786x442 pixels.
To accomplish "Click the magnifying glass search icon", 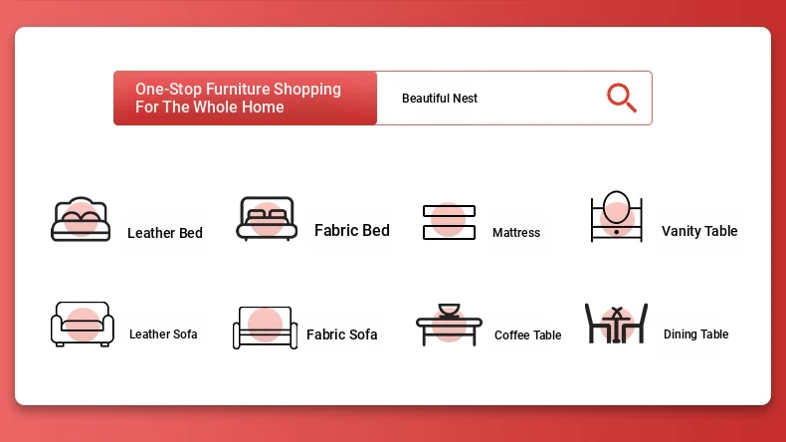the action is coord(622,98).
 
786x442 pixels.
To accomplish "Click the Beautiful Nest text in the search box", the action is coord(440,99).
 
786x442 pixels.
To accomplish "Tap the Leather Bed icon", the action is coord(81,219).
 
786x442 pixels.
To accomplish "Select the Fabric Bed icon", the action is coord(267,219).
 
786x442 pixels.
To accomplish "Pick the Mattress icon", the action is coord(449,222).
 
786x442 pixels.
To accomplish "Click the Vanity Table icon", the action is coord(617,216).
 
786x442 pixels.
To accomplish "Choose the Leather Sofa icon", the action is coord(83,325).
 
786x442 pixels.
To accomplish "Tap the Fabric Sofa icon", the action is coord(266,328).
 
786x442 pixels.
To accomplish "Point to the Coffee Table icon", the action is coord(449,325).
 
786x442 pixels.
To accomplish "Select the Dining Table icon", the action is coord(616,324).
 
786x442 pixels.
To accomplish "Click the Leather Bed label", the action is coord(165,233).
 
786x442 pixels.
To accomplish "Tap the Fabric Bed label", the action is coord(352,230).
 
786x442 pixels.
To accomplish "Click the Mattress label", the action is coord(516,232).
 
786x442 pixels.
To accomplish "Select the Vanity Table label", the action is coord(699,231).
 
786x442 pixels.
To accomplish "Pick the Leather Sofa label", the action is coord(163,334).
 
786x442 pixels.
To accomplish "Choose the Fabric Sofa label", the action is coord(342,334).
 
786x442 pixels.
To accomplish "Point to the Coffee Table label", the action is coord(528,335).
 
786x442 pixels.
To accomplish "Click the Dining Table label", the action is coord(695,334).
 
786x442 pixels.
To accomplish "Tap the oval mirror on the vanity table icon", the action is coord(616,207).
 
